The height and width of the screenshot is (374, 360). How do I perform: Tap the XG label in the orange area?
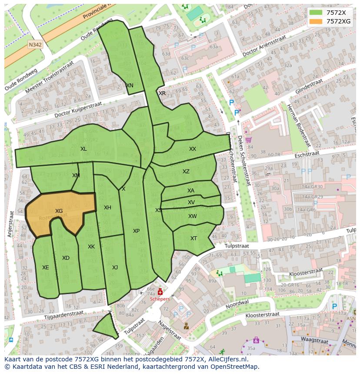point(59,211)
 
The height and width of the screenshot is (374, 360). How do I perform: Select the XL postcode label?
point(83,149)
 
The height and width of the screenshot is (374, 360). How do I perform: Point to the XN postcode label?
point(130,86)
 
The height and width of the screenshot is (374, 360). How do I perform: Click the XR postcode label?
point(162,93)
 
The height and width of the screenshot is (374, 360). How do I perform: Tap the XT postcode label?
point(193,238)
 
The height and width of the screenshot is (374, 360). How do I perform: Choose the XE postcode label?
point(46,268)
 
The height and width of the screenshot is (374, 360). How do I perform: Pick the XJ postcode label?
point(115,268)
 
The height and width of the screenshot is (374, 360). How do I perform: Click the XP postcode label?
point(136,231)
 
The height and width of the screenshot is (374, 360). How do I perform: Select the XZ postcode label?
point(186,172)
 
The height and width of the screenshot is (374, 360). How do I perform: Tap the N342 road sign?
point(35,45)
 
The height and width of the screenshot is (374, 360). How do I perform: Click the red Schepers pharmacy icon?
point(160,292)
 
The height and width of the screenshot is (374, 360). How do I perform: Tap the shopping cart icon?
point(248,140)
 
